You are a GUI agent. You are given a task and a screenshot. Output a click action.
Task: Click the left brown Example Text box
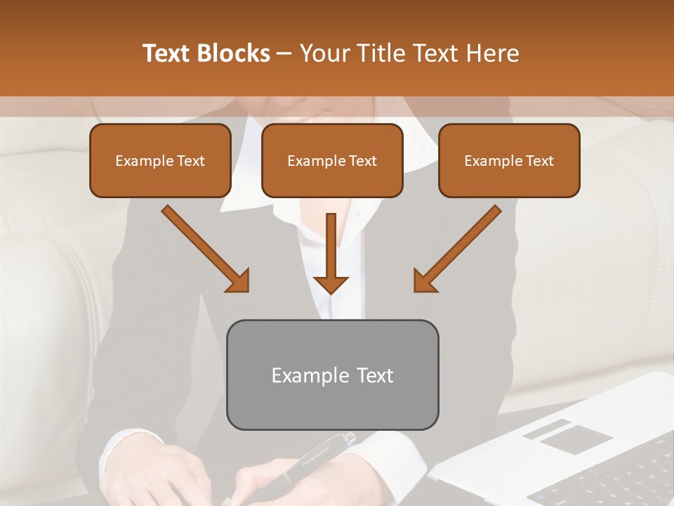click(x=160, y=161)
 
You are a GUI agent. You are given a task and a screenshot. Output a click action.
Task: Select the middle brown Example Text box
click(x=332, y=161)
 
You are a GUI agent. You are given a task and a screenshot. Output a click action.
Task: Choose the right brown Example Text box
click(x=509, y=161)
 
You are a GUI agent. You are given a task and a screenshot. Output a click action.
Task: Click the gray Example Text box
click(x=332, y=375)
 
